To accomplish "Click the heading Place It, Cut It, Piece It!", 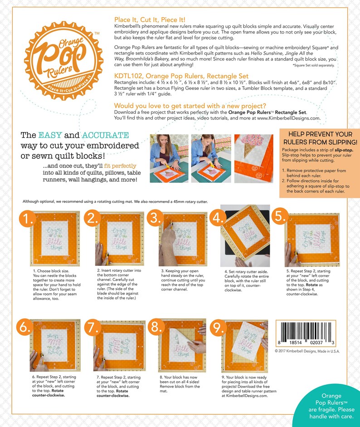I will [x=149, y=20].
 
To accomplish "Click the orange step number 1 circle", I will [x=29, y=220].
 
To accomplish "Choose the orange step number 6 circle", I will [x=25, y=327].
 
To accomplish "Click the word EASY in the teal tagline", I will [x=53, y=135].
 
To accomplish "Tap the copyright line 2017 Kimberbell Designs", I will [x=307, y=351].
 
